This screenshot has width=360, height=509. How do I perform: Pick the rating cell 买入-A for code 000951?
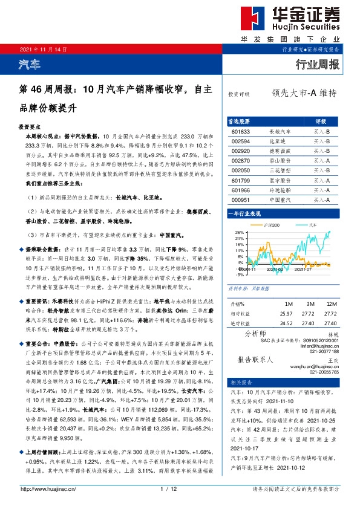pyautogui.click(x=321, y=201)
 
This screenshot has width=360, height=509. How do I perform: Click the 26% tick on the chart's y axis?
pyautogui.click(x=240, y=232)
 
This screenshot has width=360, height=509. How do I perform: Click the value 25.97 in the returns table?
pyautogui.click(x=286, y=313)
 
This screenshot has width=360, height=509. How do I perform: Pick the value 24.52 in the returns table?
pyautogui.click(x=286, y=323)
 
